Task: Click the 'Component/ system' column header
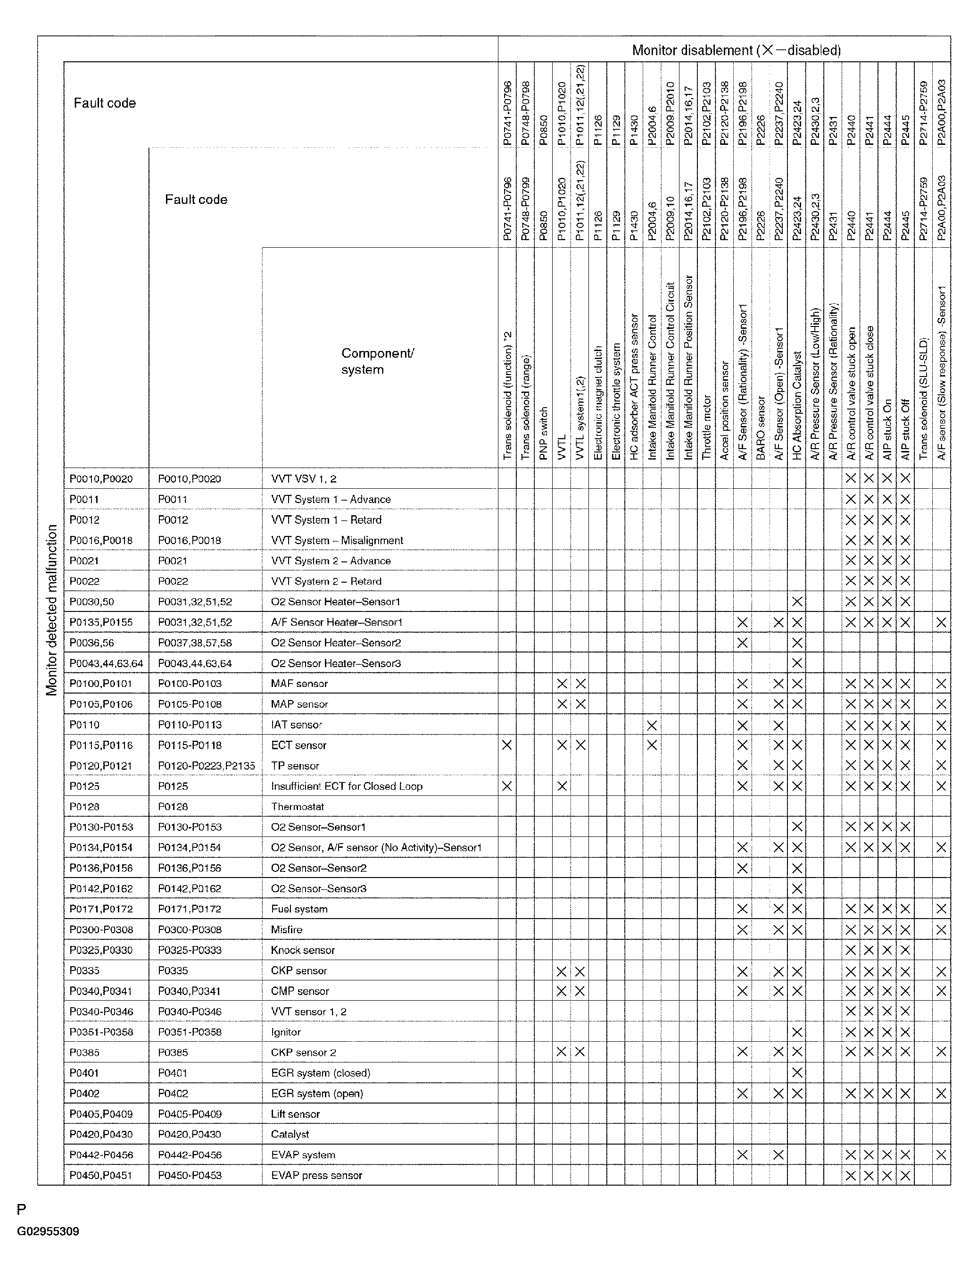[377, 361]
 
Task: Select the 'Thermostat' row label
[297, 807]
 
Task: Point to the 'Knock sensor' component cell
[302, 950]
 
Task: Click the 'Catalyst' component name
[290, 1134]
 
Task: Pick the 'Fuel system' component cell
[299, 909]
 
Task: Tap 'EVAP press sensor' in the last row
[316, 1175]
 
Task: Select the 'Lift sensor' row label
[295, 1113]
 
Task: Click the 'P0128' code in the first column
[84, 807]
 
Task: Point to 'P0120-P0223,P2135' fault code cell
[206, 766]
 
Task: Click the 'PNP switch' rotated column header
[543, 433]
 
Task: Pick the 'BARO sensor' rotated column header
[760, 427]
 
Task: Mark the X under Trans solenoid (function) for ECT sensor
[506, 745]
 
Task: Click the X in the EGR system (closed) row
[796, 1072]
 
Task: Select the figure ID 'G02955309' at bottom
[48, 1231]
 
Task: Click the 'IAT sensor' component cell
[296, 725]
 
